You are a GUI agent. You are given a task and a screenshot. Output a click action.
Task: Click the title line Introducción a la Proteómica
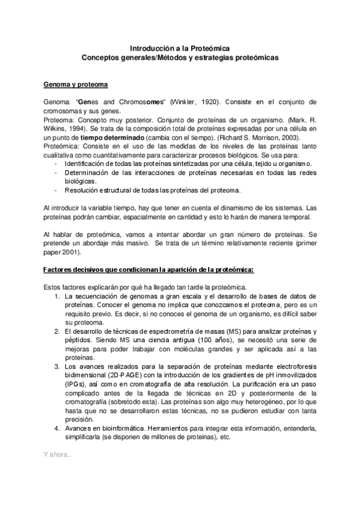pyautogui.click(x=179, y=49)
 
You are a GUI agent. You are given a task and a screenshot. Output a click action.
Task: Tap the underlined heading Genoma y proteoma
pyautogui.click(x=76, y=84)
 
